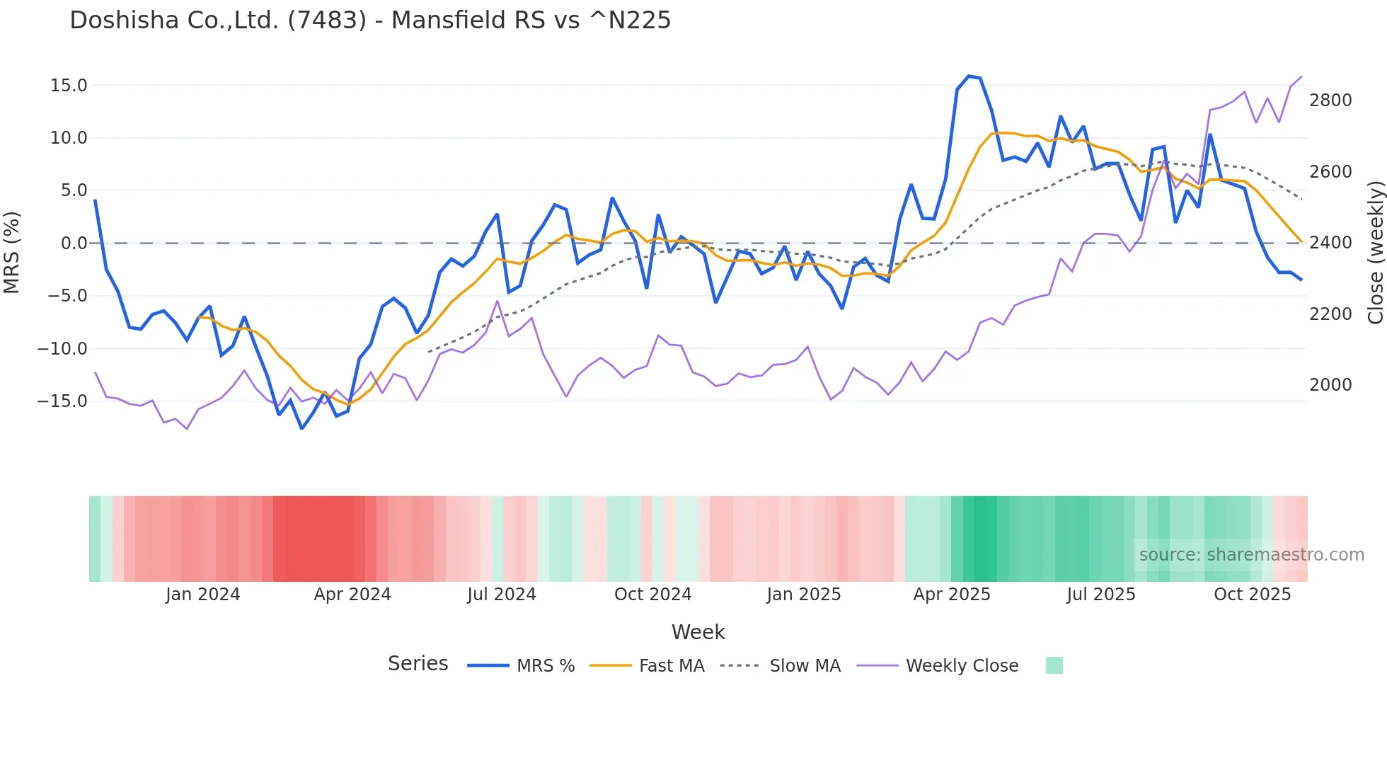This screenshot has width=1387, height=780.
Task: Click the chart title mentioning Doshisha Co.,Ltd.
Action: [x=370, y=20]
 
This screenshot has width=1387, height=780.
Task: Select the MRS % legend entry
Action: [x=545, y=666]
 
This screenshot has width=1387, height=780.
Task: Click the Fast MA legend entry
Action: [x=671, y=666]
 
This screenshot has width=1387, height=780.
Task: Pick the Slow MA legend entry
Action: [x=805, y=666]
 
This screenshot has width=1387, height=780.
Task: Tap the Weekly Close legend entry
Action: [x=962, y=666]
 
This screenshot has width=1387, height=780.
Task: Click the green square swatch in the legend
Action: [x=1054, y=665]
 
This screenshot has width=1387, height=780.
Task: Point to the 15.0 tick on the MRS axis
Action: [x=69, y=86]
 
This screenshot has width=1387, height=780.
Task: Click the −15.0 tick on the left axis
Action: [x=62, y=401]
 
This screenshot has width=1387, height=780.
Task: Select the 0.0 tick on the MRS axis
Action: [x=74, y=243]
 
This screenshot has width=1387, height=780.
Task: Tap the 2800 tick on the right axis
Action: [x=1330, y=101]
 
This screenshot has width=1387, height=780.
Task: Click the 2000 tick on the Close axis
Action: [x=1330, y=385]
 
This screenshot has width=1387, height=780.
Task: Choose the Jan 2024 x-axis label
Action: [x=203, y=595]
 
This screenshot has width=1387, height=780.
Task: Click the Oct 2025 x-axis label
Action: [x=1252, y=595]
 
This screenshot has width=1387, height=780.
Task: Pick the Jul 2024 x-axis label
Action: [x=502, y=595]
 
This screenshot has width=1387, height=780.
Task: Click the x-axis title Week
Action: [x=698, y=632]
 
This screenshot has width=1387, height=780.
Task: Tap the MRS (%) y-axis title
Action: [x=12, y=252]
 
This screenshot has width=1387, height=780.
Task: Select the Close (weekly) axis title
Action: [x=1375, y=252]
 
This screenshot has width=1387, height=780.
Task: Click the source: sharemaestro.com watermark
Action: [x=1251, y=555]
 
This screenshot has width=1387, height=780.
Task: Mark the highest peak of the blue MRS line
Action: [x=969, y=76]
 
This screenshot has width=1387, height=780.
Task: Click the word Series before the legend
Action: [x=418, y=664]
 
